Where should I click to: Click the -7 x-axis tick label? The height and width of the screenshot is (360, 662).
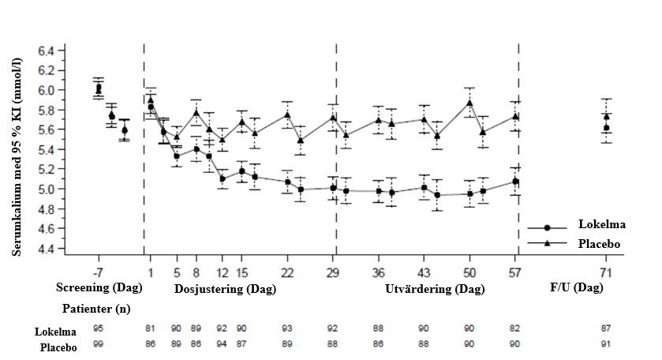pyautogui.click(x=98, y=272)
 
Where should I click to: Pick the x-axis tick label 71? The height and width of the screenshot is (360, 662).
pyautogui.click(x=605, y=272)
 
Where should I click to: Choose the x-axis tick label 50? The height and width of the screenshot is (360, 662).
pyautogui.click(x=469, y=272)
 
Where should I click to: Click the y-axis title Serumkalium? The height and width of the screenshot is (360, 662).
pyautogui.click(x=17, y=150)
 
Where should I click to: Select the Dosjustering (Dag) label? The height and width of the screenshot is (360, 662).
pyautogui.click(x=225, y=289)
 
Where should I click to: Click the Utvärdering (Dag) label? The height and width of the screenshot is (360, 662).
pyautogui.click(x=434, y=289)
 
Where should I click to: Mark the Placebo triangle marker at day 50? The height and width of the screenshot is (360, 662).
pyautogui.click(x=469, y=103)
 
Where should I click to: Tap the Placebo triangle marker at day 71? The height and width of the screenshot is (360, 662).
pyautogui.click(x=606, y=117)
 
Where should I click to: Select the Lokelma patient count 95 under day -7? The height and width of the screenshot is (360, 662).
pyautogui.click(x=98, y=328)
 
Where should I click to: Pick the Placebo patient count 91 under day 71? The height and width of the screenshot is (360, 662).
pyautogui.click(x=605, y=343)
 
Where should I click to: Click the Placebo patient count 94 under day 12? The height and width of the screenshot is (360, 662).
pyautogui.click(x=222, y=343)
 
